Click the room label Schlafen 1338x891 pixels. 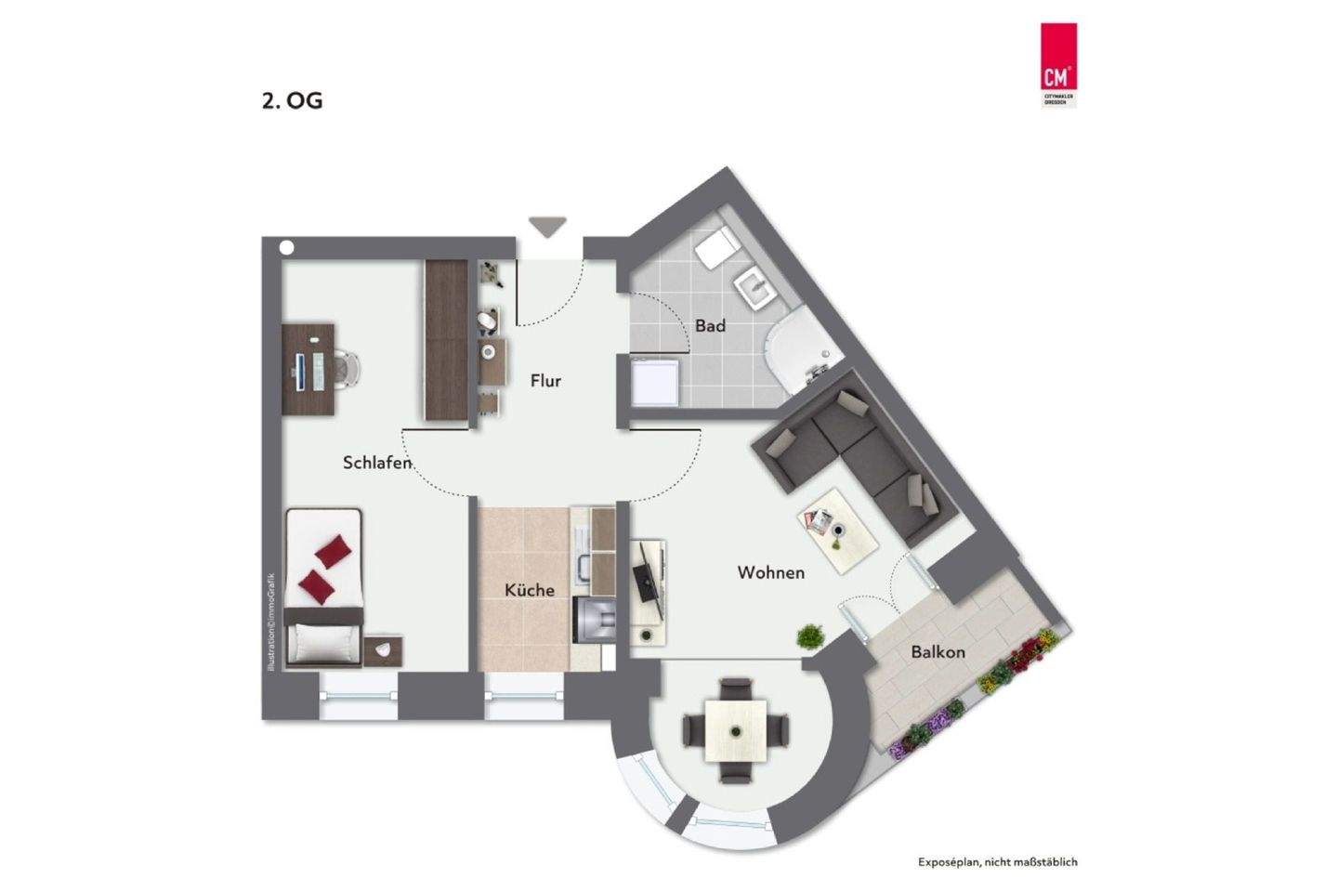click(376, 462)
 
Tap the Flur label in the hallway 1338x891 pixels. click(545, 380)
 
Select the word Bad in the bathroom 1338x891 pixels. click(710, 326)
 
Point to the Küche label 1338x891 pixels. click(529, 590)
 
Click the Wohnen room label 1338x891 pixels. click(770, 572)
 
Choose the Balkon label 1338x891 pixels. click(937, 652)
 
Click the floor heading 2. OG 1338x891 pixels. click(292, 101)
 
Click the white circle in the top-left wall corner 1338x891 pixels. click(287, 248)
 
